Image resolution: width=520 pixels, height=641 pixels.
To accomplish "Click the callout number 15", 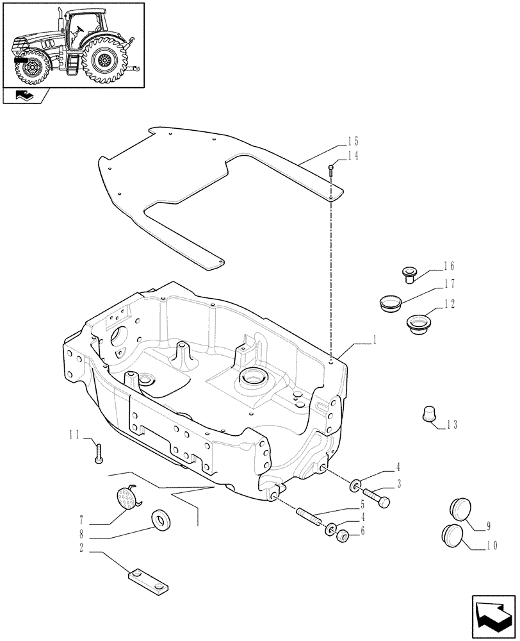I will pos(353,141).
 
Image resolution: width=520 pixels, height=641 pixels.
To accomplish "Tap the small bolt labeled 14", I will pos(331,170).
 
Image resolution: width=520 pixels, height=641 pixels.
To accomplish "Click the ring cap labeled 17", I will pos(389,303).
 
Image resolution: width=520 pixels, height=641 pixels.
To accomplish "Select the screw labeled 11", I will pos(98,453).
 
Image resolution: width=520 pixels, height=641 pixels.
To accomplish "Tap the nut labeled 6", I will pos(342,535).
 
